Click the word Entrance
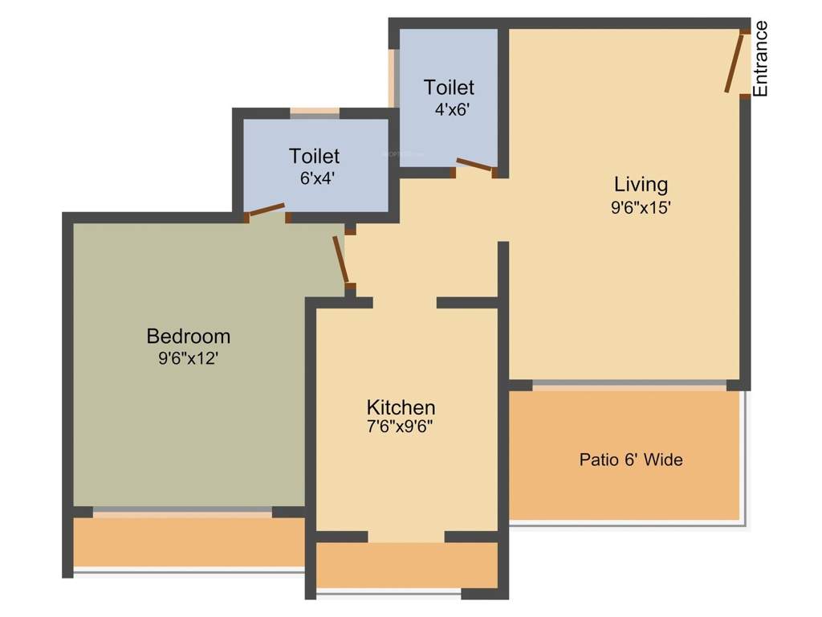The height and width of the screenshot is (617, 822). click(x=760, y=59)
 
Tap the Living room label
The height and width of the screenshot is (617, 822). click(x=641, y=185)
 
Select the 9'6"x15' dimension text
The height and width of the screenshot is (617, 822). click(x=641, y=206)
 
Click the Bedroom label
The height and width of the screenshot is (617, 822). click(x=189, y=336)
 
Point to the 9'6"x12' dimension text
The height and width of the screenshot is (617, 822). click(x=189, y=358)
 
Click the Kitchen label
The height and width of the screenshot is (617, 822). click(x=401, y=407)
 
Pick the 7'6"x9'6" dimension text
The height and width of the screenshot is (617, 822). click(x=401, y=427)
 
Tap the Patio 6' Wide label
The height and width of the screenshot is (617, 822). click(x=631, y=460)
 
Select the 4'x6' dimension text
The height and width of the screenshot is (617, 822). click(x=450, y=109)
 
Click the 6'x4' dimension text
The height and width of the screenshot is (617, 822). click(x=315, y=178)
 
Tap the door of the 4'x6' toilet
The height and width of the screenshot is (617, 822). click(x=474, y=166)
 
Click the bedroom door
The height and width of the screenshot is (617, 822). click(x=341, y=259)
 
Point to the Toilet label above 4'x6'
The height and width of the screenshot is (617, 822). click(x=450, y=87)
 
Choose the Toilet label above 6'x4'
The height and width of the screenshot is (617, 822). click(x=315, y=156)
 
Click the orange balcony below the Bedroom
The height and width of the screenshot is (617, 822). click(x=189, y=542)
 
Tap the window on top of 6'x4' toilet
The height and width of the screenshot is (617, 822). click(x=315, y=113)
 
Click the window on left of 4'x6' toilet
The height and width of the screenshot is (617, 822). click(x=393, y=78)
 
